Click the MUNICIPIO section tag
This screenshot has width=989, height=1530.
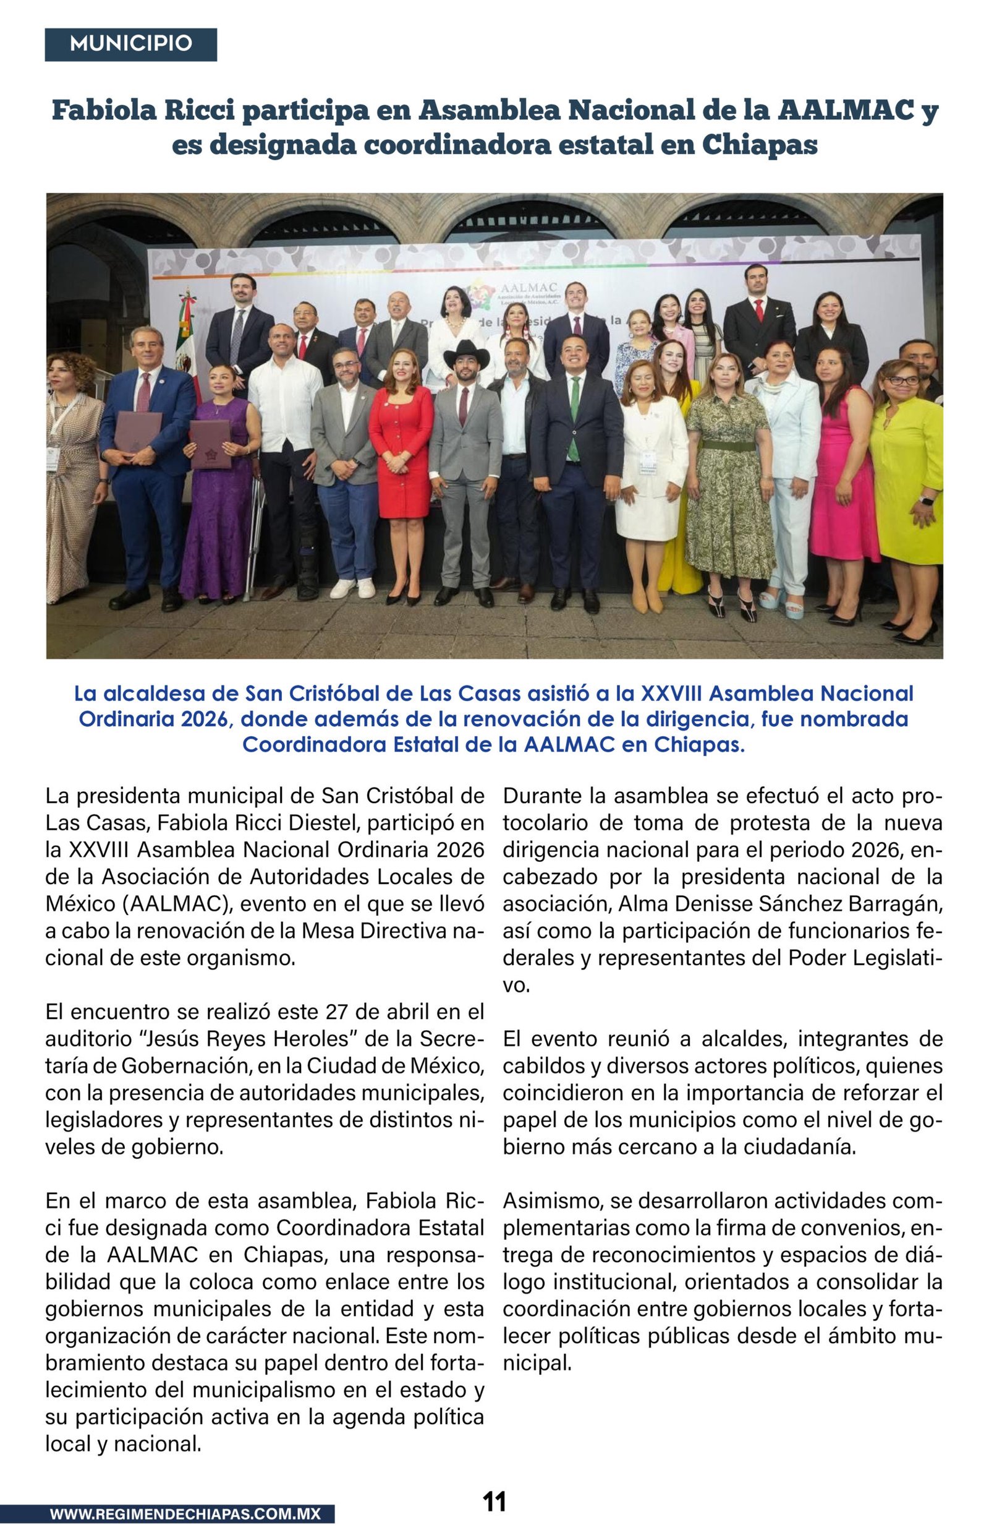click(130, 45)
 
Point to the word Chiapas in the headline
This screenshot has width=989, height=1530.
click(759, 145)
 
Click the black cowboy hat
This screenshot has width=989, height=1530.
click(467, 353)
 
